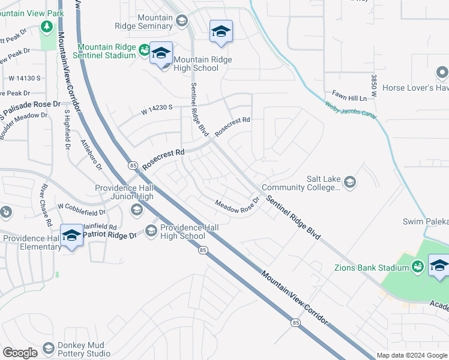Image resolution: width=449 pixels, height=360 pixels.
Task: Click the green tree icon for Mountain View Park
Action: point(46,27)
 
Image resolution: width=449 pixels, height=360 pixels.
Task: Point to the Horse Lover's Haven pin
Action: point(442,73)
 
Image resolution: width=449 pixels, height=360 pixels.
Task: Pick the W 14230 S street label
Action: point(157,109)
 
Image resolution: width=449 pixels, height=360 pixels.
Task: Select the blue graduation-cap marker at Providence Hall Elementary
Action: point(71,235)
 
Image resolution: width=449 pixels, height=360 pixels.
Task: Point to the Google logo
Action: point(20,352)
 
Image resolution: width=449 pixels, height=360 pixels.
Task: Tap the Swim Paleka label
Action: point(425,222)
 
